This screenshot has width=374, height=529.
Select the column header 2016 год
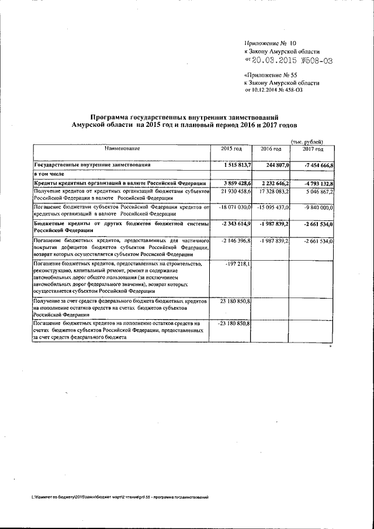[x=271, y=150]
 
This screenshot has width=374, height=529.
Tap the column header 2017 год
[x=313, y=150]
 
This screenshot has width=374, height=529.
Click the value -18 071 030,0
[x=234, y=208]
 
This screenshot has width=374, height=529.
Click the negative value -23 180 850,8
[x=234, y=323]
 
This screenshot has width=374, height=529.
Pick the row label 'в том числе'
[x=49, y=175]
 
